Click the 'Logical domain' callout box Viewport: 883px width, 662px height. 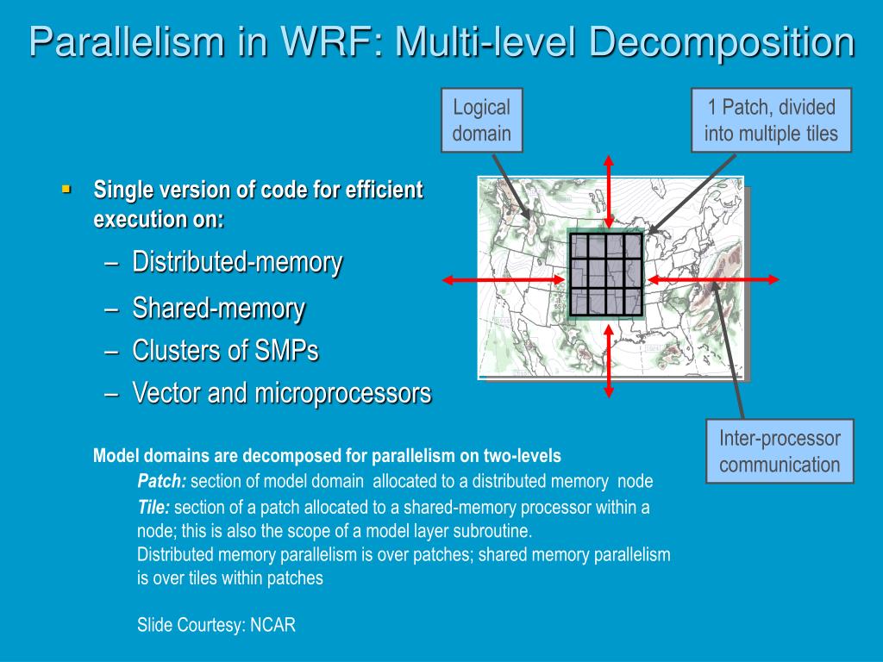tap(482, 120)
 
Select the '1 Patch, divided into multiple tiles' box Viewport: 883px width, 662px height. tap(771, 120)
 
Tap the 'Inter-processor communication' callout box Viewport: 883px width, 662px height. tap(780, 452)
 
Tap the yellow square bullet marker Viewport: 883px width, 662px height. tap(66, 187)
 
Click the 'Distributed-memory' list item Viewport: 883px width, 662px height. tap(237, 262)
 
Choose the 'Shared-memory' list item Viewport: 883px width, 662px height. tap(218, 308)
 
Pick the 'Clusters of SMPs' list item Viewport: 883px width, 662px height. tap(225, 351)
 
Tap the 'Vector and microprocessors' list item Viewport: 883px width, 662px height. tap(281, 394)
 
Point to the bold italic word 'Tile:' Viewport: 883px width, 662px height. tap(153, 507)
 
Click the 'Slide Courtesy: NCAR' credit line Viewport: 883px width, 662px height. tap(216, 625)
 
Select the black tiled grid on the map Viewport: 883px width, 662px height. tap(605, 273)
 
